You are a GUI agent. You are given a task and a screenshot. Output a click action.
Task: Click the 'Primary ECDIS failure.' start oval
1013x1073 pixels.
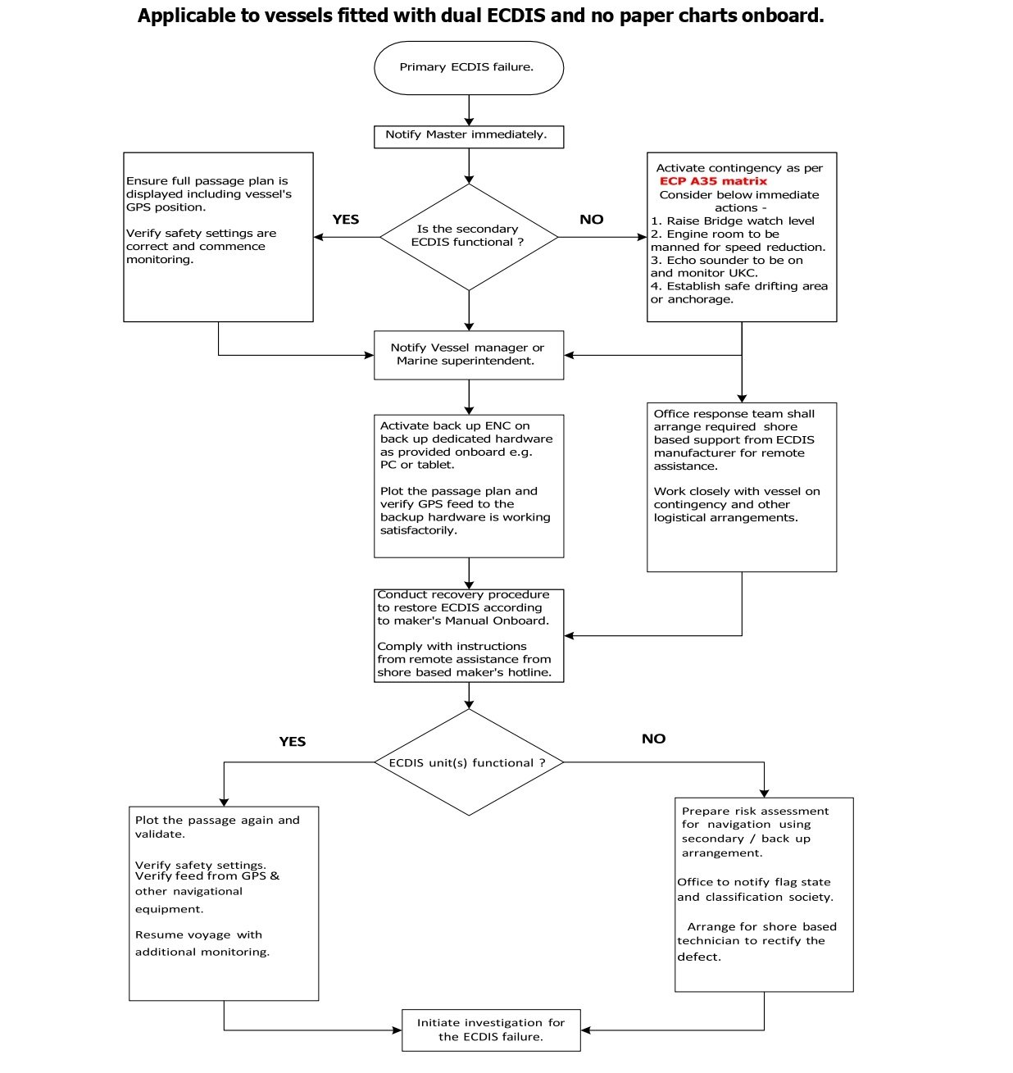(x=469, y=68)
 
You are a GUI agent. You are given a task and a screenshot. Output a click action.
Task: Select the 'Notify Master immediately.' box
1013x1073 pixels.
(x=469, y=137)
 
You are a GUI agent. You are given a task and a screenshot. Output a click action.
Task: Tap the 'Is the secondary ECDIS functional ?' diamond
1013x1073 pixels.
(x=469, y=237)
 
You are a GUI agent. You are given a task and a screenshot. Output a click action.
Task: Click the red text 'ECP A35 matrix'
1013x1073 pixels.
(x=712, y=181)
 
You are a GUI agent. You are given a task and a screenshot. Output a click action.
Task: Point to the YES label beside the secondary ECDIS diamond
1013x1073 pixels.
(x=346, y=220)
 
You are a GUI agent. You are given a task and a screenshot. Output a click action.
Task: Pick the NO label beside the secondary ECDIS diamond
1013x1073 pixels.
(x=592, y=220)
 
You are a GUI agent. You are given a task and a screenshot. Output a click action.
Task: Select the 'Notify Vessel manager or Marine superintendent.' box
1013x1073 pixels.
(x=469, y=355)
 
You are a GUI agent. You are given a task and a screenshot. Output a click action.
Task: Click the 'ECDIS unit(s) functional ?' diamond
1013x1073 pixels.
(x=469, y=762)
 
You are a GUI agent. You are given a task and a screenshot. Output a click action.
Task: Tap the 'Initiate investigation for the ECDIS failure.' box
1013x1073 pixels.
(x=491, y=1030)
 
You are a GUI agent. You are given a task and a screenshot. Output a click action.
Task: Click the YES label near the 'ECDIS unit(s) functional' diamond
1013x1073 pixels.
(x=293, y=741)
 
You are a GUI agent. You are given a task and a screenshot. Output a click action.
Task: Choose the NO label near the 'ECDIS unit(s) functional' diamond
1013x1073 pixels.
(x=654, y=739)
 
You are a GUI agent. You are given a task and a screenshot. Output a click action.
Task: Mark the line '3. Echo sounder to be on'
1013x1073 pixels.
(x=727, y=261)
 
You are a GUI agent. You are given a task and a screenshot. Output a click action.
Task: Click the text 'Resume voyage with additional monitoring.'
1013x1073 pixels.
(x=202, y=943)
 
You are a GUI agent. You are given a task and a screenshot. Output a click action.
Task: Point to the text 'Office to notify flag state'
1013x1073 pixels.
(x=754, y=882)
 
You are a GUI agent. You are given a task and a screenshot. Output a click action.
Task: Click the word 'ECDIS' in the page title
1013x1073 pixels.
(x=516, y=15)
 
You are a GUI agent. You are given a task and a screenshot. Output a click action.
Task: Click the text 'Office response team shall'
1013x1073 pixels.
(x=734, y=414)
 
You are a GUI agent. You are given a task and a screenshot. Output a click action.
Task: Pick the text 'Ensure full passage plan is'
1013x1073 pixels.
(x=207, y=181)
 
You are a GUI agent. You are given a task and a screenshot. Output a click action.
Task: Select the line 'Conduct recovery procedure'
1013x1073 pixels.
(x=463, y=594)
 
